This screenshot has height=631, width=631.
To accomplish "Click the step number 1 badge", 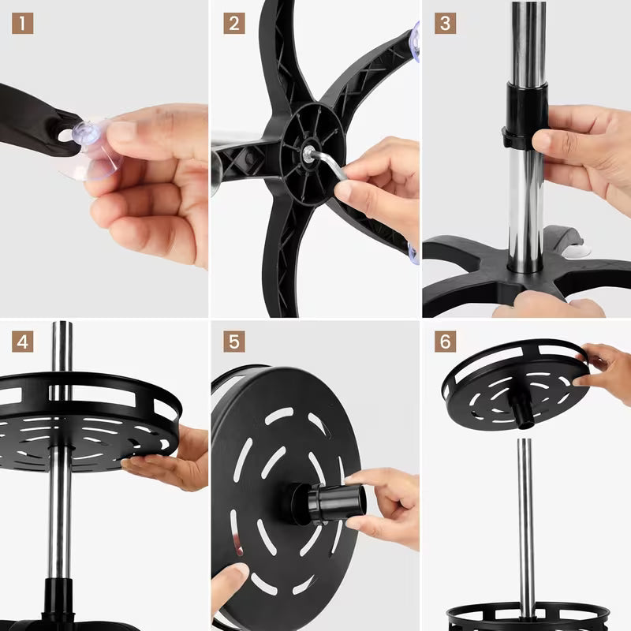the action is (x=23, y=24).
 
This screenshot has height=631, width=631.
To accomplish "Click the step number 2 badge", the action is (x=234, y=24).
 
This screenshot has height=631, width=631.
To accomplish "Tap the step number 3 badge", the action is (x=445, y=24).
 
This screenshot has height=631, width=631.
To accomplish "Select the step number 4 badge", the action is (x=23, y=342).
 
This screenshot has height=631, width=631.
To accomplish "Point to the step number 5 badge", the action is (x=234, y=342).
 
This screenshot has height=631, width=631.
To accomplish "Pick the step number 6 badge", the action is (x=445, y=342).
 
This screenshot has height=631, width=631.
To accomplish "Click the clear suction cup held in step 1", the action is (x=91, y=149).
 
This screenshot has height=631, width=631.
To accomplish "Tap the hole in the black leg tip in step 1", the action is (x=66, y=136).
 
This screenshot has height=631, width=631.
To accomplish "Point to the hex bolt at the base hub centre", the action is (x=308, y=153).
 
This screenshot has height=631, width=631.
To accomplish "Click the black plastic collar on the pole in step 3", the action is (x=525, y=116).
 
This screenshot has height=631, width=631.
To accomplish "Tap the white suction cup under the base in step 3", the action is (x=577, y=251).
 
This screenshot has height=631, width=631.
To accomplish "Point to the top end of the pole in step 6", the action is (x=525, y=440).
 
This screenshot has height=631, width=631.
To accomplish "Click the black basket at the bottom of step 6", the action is (x=527, y=617).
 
